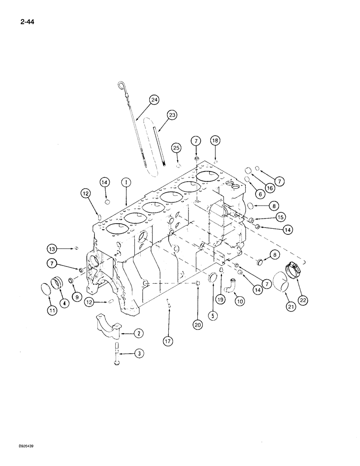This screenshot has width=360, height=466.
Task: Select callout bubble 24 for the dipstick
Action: coord(154,99)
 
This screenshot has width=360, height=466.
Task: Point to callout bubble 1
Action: coord(125,183)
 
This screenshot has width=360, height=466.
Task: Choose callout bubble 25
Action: coord(176,148)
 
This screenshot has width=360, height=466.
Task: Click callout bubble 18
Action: coord(215,140)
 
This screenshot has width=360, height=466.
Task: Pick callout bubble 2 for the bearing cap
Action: coord(138,333)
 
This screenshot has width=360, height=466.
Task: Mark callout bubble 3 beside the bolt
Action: coord(139,354)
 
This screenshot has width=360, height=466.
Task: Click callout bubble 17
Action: coord(168,342)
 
